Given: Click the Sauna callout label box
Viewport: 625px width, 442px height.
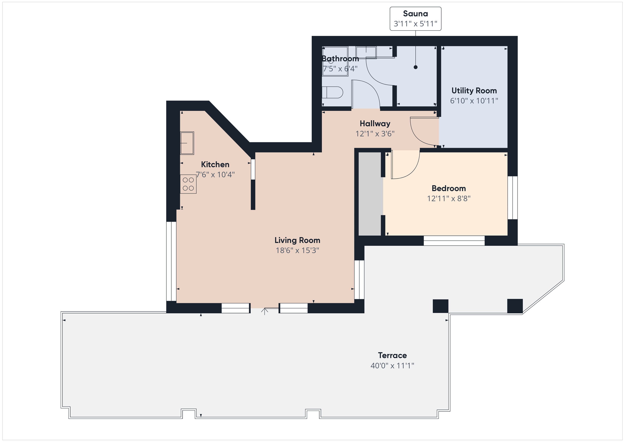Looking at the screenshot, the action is (x=415, y=19).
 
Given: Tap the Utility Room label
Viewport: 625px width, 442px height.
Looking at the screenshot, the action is (x=474, y=91).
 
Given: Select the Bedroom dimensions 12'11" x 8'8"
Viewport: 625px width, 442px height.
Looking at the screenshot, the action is (x=449, y=198).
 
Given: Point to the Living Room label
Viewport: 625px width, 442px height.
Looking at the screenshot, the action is (x=297, y=240).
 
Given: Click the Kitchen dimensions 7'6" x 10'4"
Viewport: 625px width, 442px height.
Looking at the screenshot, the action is (x=215, y=174).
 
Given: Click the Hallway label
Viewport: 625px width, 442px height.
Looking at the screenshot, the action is (x=375, y=124).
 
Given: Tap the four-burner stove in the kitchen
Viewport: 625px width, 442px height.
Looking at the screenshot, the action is (x=188, y=184).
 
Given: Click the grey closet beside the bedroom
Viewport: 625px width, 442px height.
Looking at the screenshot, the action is (x=369, y=194).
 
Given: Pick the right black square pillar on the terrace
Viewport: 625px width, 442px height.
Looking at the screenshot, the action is (x=515, y=306).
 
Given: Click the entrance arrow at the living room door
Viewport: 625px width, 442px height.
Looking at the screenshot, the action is (x=265, y=311).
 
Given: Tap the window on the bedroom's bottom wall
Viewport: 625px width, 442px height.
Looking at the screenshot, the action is (x=454, y=241).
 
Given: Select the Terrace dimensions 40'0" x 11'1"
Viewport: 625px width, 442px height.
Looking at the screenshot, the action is (x=392, y=365).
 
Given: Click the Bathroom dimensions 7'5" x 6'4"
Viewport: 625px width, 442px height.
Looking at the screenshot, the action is (x=340, y=69).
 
